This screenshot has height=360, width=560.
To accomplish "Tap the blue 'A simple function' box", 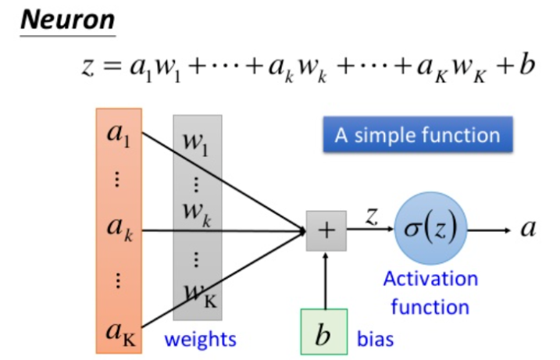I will tap(417, 135).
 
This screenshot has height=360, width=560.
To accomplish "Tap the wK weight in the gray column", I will tap(200, 294).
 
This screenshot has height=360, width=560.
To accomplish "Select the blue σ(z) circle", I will tap(432, 230).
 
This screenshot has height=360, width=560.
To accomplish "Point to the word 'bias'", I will tap(376, 340).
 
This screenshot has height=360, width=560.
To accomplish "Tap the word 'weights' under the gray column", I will tap(201, 340).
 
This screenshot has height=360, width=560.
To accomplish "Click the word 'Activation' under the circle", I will tap(430, 279).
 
